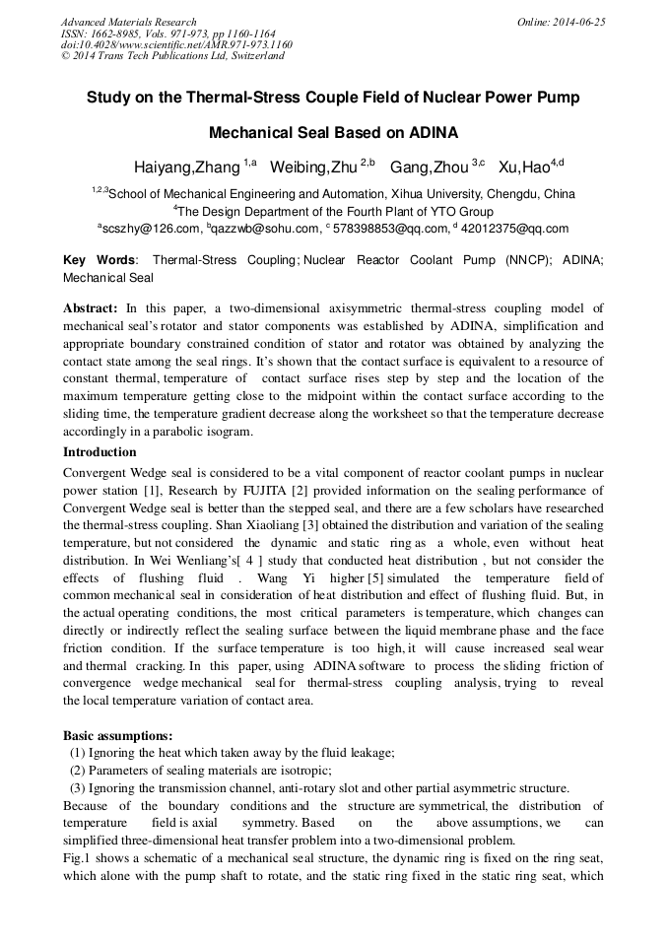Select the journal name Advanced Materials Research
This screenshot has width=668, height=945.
click(128, 22)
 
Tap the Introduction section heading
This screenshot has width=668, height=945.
click(100, 452)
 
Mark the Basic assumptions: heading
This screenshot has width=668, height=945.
click(118, 735)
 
